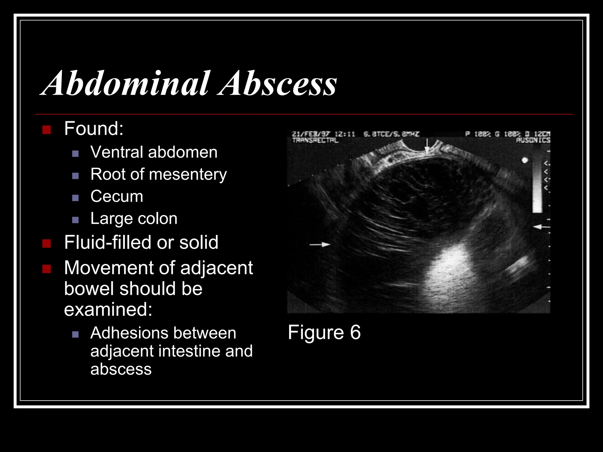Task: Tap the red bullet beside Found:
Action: coord(47,129)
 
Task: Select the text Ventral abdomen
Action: coord(154,152)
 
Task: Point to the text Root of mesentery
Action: coord(158,174)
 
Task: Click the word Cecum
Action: coord(117,196)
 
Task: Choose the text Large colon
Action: coord(134,218)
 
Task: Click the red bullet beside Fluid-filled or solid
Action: coord(47,243)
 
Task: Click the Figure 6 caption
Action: coord(324,332)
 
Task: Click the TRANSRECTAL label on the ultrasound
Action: coord(315,140)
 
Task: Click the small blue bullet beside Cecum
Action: coord(75,198)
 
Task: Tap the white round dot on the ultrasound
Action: coord(525,160)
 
